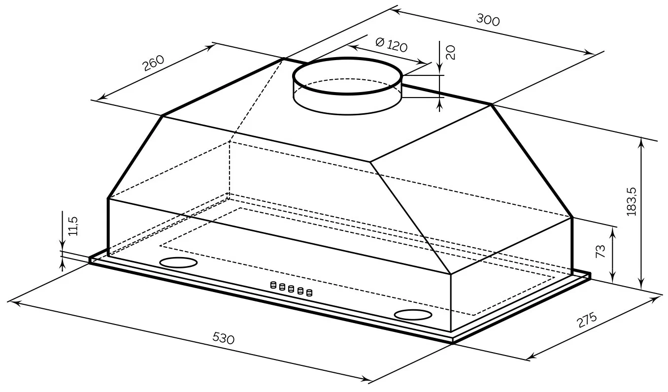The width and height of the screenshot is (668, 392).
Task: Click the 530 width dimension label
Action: [223, 338]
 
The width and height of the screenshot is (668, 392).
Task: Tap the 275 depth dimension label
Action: [587, 320]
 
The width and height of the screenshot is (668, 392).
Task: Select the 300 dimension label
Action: [488, 20]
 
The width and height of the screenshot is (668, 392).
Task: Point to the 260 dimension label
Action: [154, 63]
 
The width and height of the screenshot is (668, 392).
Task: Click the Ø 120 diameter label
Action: [391, 45]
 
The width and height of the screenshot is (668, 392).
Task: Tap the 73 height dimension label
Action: [600, 251]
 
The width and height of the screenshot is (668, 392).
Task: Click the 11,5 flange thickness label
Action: [73, 226]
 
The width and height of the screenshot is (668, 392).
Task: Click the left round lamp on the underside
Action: [178, 262]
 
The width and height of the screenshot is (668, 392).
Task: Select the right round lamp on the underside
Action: [413, 315]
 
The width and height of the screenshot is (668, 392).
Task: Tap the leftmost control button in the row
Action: [273, 285]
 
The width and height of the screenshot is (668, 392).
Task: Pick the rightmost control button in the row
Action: [309, 293]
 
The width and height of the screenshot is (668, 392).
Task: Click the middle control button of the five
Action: [291, 289]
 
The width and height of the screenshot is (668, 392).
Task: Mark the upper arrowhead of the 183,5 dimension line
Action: [641, 142]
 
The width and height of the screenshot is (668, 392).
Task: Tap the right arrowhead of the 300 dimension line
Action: [589, 53]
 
